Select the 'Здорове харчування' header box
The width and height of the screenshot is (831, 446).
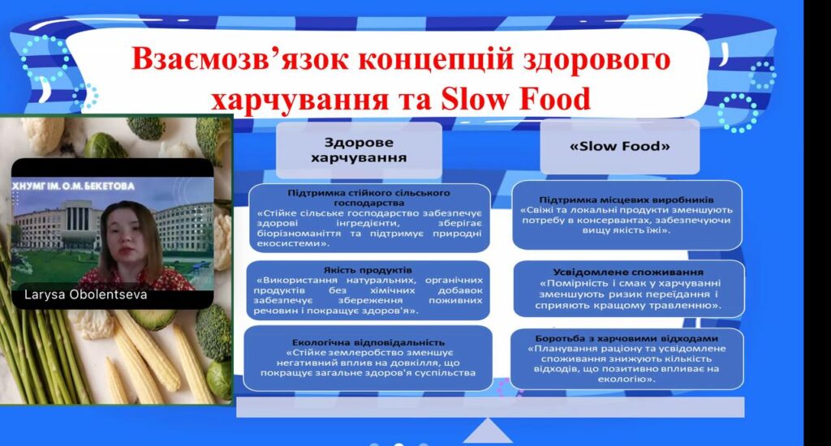359,150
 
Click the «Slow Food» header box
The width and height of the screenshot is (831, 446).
619,146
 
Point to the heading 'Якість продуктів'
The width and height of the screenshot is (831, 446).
368,270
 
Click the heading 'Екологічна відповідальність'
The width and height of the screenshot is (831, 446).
368,343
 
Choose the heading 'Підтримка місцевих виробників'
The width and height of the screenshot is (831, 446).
626,199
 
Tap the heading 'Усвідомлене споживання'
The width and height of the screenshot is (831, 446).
628,272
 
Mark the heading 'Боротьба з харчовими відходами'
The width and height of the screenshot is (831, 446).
626,338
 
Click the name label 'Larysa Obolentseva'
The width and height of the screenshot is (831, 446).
86,294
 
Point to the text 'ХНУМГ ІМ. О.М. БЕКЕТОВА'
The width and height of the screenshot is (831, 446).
73,186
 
